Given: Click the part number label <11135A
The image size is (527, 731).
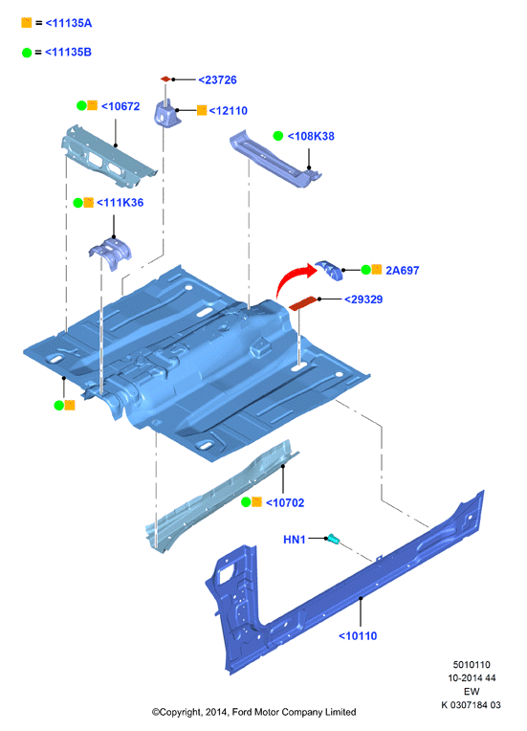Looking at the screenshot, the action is [x=69, y=23].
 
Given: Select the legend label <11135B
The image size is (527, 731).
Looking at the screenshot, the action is [x=68, y=53].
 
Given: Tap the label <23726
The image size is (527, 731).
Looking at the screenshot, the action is [x=218, y=80].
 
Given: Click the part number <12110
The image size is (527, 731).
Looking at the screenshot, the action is [x=229, y=111].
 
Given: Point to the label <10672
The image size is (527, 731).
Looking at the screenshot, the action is [x=121, y=106].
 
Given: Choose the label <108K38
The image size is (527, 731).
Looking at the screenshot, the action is [x=311, y=136].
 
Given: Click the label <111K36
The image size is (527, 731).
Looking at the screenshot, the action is [x=120, y=202].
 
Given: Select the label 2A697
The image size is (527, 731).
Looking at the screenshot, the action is [x=402, y=271].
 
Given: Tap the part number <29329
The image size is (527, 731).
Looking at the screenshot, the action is [x=363, y=299].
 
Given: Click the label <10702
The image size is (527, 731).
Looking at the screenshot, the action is [x=285, y=502].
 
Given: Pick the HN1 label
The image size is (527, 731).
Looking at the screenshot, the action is [x=295, y=540].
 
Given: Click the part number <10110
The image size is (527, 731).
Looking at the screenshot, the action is [x=358, y=636].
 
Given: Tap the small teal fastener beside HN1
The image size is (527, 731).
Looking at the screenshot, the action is [x=333, y=539].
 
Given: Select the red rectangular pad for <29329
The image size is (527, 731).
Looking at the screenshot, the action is [x=303, y=303].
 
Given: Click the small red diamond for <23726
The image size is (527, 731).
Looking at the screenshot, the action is [x=165, y=78].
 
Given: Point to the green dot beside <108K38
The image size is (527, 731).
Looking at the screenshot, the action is [x=278, y=136].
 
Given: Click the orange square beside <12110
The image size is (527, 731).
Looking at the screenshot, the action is [x=202, y=110].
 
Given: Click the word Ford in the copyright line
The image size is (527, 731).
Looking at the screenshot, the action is [x=242, y=712].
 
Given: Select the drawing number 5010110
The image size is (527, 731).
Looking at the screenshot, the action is [x=472, y=665].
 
